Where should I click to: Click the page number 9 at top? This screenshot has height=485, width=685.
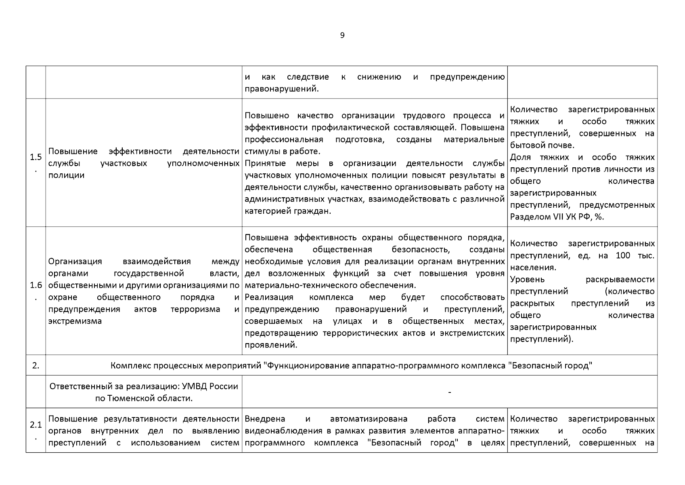(x=342, y=36)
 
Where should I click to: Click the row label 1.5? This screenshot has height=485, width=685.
(x=36, y=158)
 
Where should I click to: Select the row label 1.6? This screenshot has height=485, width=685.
(x=36, y=286)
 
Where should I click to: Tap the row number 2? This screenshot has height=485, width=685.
(x=36, y=366)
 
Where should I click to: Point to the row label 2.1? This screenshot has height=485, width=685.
(x=36, y=425)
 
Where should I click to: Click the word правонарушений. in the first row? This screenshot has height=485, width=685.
(x=282, y=89)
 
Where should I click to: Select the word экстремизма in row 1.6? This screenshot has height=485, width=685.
(x=75, y=321)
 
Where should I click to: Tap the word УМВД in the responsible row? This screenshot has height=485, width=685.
(x=194, y=386)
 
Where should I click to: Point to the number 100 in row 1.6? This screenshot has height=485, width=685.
(x=623, y=256)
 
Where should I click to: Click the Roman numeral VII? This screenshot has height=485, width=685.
(x=557, y=217)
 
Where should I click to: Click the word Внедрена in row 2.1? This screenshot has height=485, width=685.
(x=265, y=419)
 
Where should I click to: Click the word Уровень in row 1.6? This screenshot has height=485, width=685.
(x=527, y=280)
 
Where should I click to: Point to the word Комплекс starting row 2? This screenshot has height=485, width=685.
(x=129, y=366)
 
